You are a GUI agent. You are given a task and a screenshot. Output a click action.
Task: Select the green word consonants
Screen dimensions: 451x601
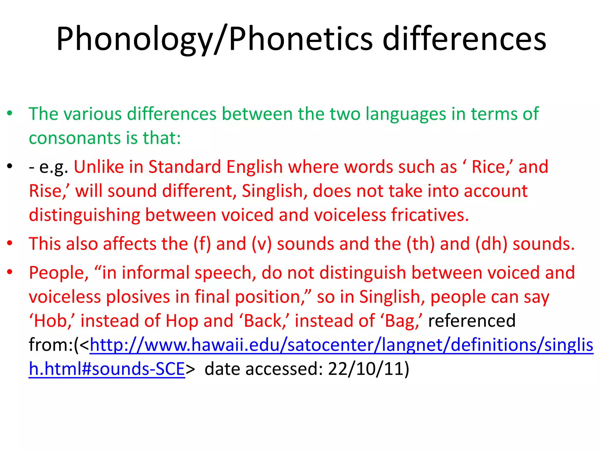pyautogui.click(x=75, y=138)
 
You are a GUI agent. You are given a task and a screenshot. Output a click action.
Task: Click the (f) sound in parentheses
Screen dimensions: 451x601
pyautogui.click(x=202, y=244)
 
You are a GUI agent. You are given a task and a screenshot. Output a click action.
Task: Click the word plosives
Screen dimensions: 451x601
pyautogui.click(x=138, y=297)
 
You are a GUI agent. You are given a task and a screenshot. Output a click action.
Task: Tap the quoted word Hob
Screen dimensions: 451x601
pyautogui.click(x=52, y=321)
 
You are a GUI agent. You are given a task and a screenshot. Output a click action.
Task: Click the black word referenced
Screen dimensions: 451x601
pyautogui.click(x=472, y=321)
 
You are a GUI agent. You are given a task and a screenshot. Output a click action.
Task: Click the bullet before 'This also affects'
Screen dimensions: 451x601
pyautogui.click(x=10, y=243)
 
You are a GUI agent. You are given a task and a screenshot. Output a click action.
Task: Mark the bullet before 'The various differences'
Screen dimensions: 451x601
pyautogui.click(x=10, y=113)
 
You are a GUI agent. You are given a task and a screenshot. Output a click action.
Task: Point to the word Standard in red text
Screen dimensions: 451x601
pyautogui.click(x=184, y=167)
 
